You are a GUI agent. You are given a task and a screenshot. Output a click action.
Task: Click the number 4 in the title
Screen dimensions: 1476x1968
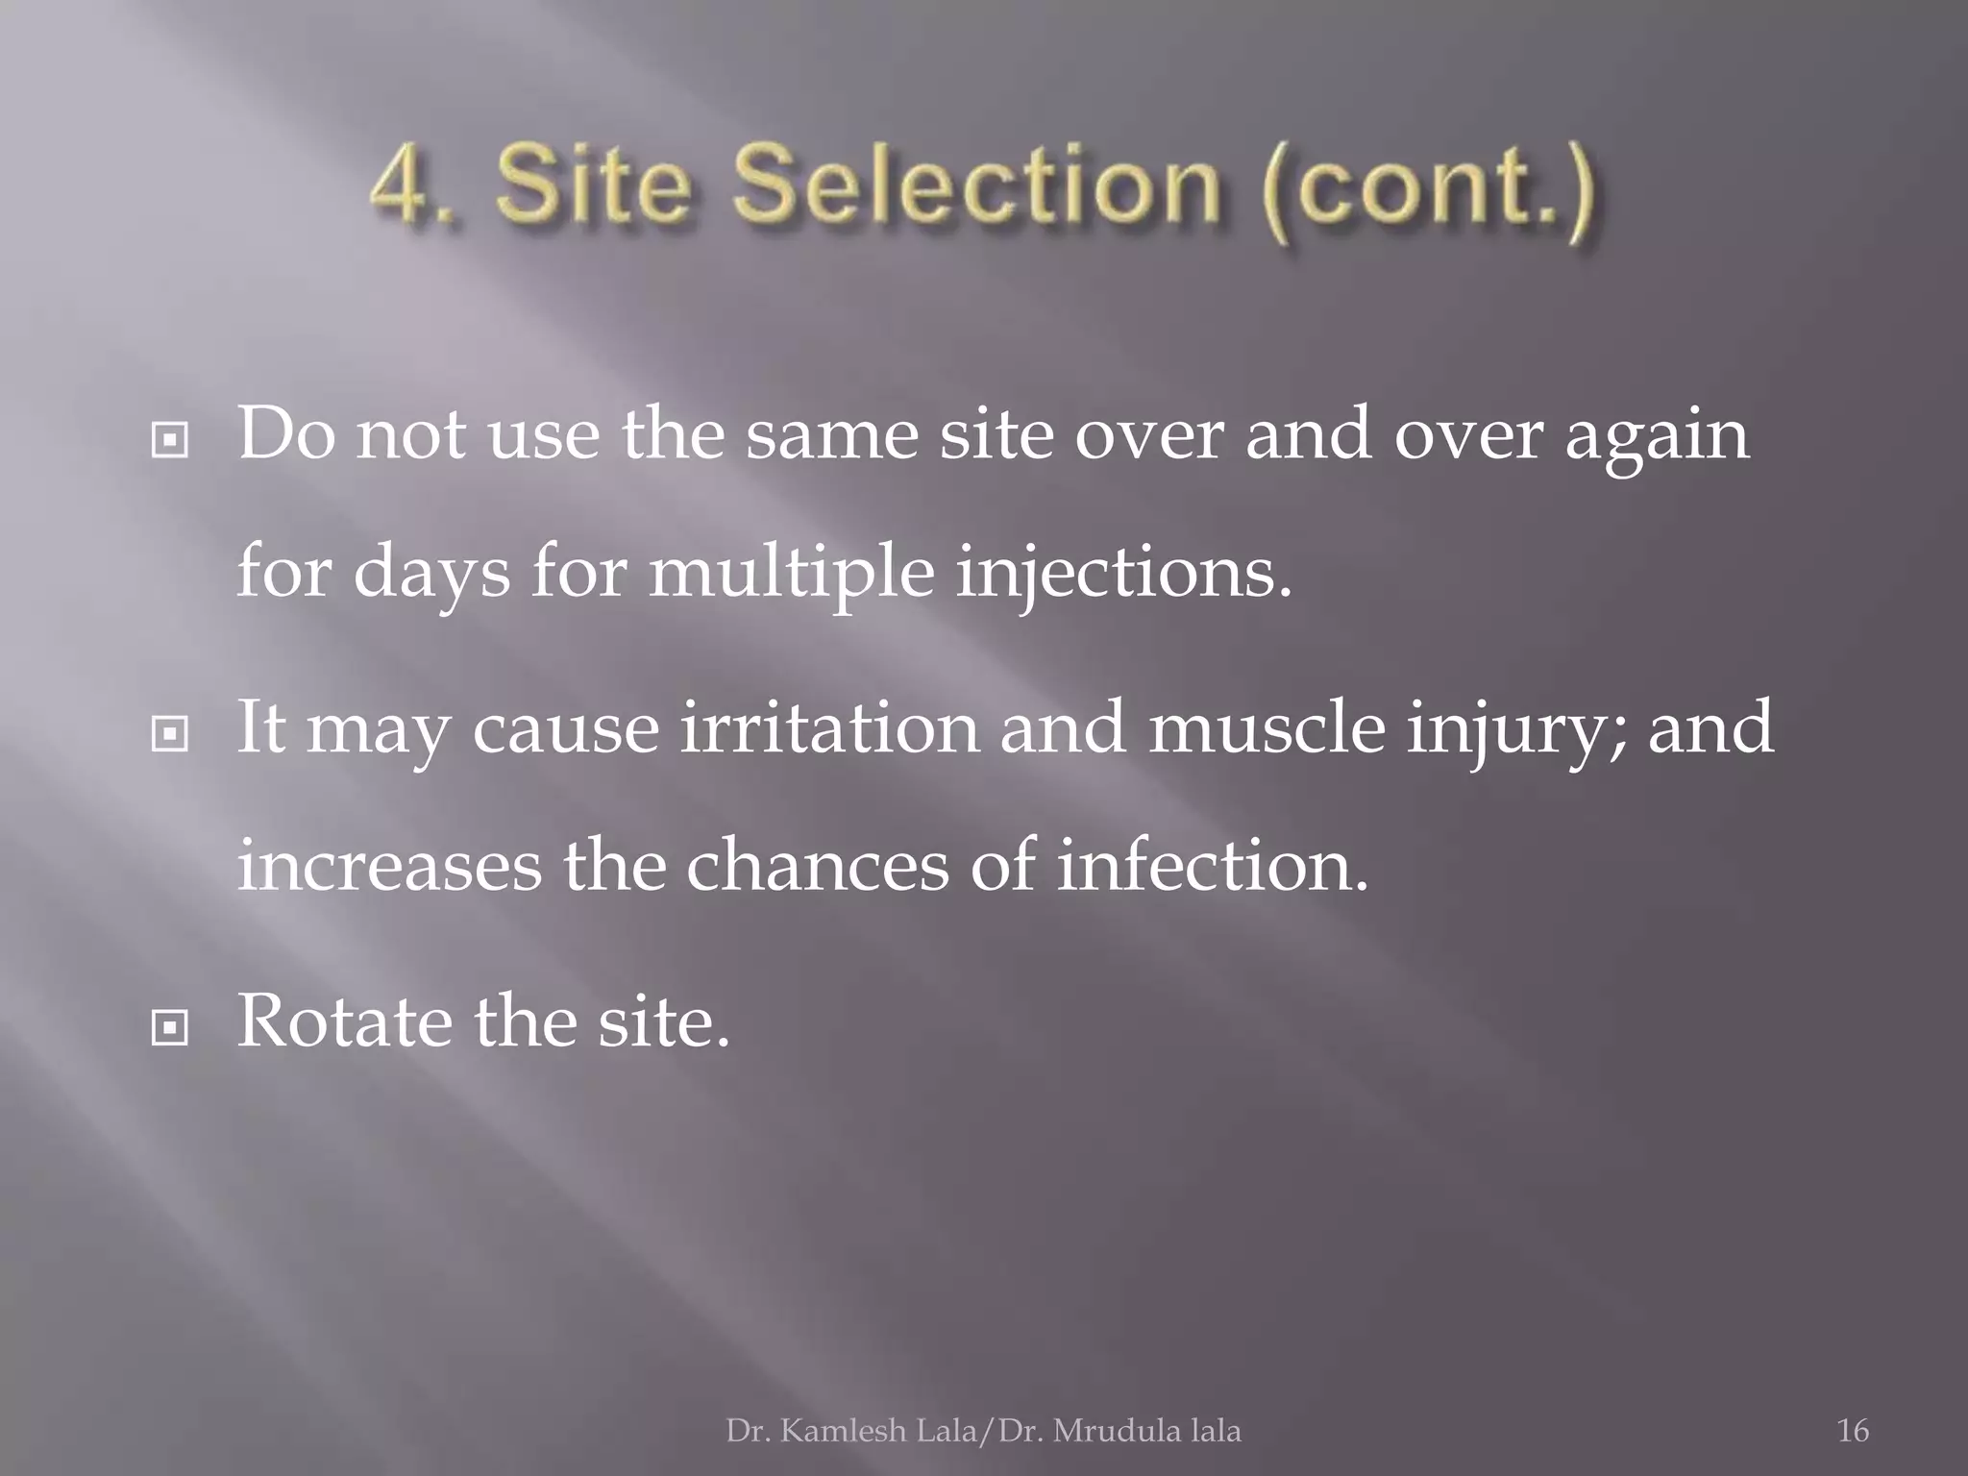402,185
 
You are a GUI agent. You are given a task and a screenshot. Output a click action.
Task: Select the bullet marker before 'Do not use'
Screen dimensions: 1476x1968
170,441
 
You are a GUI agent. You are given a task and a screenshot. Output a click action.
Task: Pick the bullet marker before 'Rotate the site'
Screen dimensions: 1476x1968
170,1029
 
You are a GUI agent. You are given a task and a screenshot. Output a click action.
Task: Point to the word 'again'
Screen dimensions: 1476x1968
1657,438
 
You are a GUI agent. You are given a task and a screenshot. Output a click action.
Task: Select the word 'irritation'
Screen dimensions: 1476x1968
829,726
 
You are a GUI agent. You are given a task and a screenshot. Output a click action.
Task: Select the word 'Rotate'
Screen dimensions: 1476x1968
344,1021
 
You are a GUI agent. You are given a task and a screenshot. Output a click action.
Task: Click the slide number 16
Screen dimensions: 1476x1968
1853,1431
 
